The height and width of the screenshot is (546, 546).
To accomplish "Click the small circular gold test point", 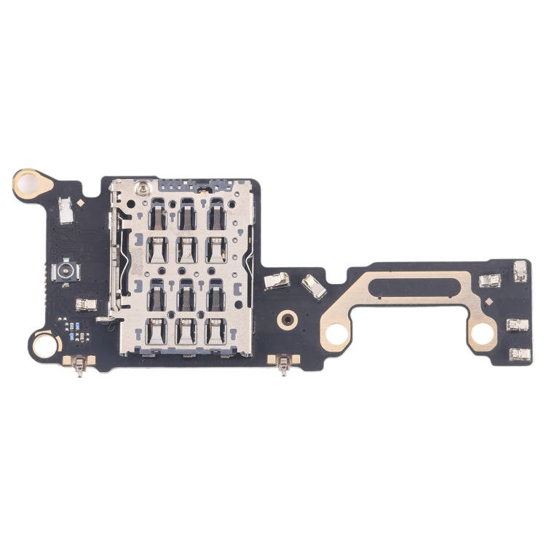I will (x=288, y=318).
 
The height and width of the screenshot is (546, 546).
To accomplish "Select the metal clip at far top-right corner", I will (x=521, y=271).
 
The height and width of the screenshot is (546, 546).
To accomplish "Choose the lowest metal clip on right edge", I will (x=519, y=354).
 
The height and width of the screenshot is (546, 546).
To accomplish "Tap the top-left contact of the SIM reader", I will (x=156, y=215).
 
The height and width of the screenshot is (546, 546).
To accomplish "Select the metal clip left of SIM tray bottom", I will (x=86, y=304).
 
